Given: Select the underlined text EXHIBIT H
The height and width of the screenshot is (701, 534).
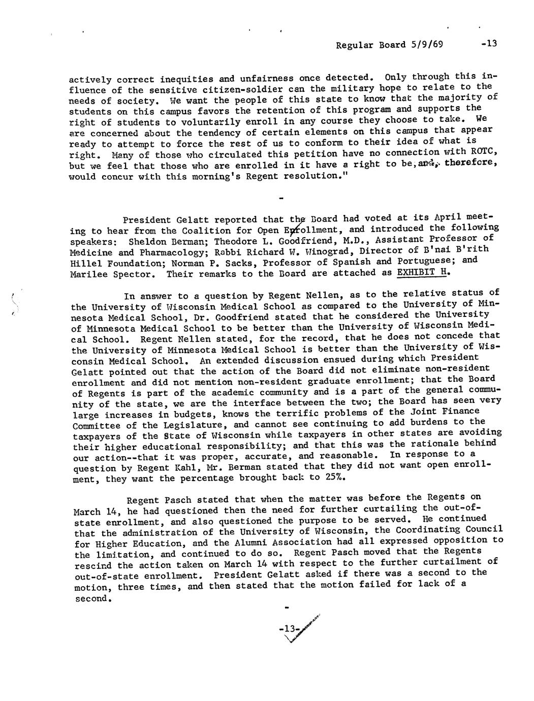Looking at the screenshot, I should (x=423, y=272).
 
